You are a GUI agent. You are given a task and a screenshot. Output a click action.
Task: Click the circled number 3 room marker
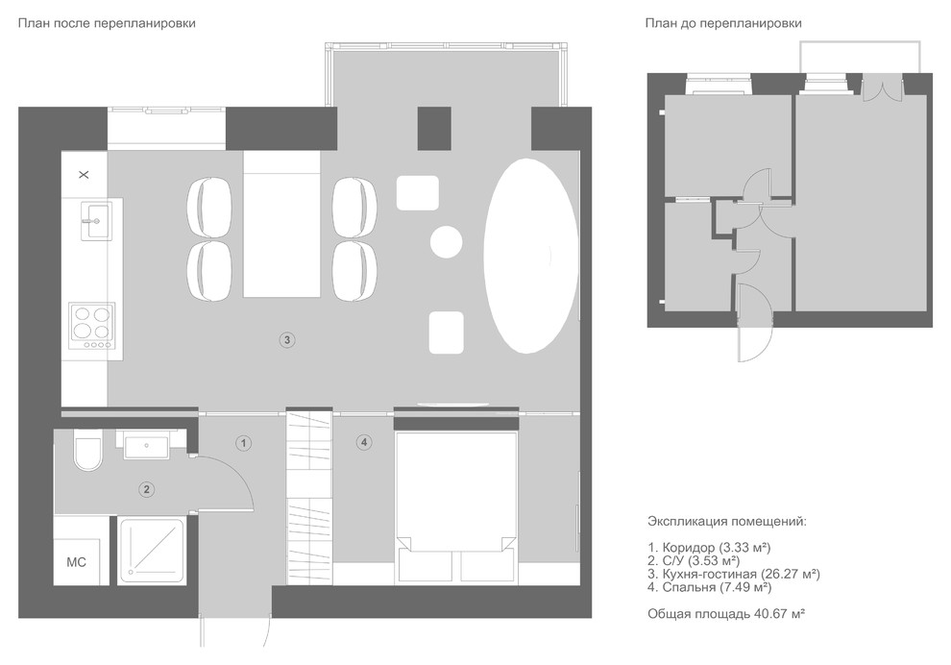(x=287, y=340)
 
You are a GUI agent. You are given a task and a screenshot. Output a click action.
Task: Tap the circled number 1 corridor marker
(x=244, y=443)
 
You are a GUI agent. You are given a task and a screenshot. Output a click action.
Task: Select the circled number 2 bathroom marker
(x=146, y=489)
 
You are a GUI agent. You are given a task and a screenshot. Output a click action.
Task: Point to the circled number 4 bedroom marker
(x=364, y=442)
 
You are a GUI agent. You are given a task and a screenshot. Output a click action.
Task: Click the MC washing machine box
(x=77, y=562)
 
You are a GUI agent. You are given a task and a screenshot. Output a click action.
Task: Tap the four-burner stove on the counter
(x=92, y=327)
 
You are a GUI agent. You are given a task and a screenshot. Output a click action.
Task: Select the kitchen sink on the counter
(x=96, y=222)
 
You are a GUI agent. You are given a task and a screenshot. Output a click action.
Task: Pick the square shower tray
(x=152, y=551)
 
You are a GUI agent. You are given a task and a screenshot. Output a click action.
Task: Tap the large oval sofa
(x=530, y=256)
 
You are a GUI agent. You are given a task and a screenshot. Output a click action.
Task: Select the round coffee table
(x=447, y=241)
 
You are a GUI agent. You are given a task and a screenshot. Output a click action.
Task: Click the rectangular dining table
(x=282, y=225)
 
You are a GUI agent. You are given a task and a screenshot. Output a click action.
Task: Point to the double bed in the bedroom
(x=456, y=507)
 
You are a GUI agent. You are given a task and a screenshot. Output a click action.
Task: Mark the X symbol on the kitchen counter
(x=85, y=175)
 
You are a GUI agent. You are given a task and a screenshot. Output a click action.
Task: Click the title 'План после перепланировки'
(x=107, y=24)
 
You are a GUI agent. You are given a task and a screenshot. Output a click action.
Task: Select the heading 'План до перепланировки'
(x=723, y=24)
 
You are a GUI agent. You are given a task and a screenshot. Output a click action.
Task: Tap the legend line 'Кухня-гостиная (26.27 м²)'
(x=734, y=574)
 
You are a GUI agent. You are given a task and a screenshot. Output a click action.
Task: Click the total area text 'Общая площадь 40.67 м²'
(x=726, y=614)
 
